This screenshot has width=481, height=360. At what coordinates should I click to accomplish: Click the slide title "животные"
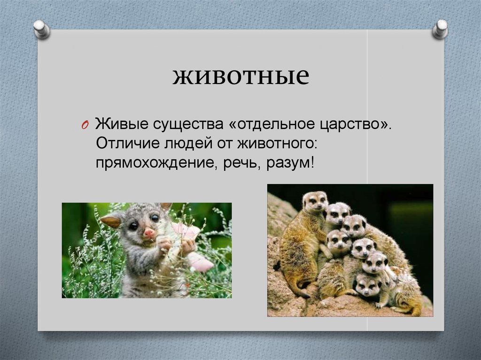[x=240, y=77]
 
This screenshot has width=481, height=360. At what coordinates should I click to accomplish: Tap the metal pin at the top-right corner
[x=440, y=29]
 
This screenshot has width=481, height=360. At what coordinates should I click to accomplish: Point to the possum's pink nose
[x=149, y=233]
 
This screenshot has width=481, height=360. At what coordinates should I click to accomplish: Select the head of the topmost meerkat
[x=315, y=201]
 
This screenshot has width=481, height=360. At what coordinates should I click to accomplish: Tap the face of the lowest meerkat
[x=367, y=284]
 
